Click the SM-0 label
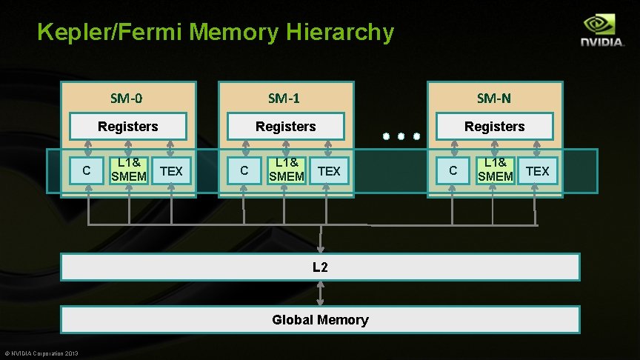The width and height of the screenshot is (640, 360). point(127,98)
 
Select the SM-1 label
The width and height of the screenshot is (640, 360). point(284,98)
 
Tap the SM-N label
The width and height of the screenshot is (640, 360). point(494,98)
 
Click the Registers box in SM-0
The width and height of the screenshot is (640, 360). point(127,127)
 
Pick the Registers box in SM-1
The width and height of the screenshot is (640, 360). point(285,127)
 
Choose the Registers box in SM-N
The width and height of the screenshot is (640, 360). point(494,127)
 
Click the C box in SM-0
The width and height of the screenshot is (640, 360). point(87,171)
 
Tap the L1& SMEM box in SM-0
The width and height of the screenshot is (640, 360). point(129,170)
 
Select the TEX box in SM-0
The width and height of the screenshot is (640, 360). point(171,171)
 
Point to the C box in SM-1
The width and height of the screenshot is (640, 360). point(244,171)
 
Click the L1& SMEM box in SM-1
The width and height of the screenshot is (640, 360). point(287,170)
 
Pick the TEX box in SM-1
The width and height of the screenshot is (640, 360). point(329,171)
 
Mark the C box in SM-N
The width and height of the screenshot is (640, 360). point(453,171)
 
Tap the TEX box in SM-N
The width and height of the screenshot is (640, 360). point(537,171)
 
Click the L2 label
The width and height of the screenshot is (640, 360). point(320,267)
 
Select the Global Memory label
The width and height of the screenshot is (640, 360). point(320,320)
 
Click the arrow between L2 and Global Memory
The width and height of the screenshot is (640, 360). point(320,293)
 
